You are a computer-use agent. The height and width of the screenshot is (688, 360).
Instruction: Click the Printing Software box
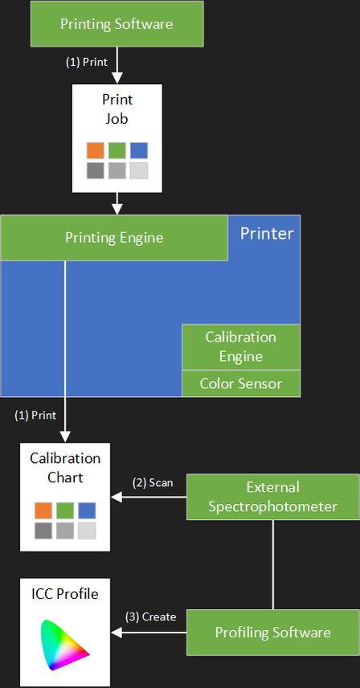[117, 23]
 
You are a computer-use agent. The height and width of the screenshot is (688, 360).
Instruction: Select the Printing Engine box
[114, 238]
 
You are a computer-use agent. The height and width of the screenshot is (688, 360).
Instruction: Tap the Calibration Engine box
[241, 346]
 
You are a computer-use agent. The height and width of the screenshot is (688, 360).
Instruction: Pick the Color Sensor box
[241, 383]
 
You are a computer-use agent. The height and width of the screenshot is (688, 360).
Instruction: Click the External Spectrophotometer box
[272, 497]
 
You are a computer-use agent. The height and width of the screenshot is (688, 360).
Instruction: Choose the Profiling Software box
[272, 633]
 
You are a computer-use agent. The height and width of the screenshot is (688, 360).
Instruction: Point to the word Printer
[267, 233]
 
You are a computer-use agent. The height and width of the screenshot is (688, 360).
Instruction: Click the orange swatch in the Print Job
[95, 150]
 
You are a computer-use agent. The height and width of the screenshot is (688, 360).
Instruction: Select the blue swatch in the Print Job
[139, 150]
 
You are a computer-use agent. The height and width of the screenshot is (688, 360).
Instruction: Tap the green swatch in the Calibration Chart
[65, 510]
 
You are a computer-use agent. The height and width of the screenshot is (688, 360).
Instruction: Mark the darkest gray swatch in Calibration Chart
[43, 531]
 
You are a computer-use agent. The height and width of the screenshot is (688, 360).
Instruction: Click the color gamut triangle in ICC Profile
[64, 645]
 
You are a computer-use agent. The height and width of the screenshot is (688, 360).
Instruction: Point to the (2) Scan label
[153, 483]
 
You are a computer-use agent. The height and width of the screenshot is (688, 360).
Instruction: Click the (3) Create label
[151, 617]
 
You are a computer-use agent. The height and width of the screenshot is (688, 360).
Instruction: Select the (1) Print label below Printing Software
[87, 63]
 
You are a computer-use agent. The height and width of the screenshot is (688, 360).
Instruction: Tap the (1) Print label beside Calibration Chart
[35, 415]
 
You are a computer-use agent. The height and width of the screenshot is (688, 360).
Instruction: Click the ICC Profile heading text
[65, 595]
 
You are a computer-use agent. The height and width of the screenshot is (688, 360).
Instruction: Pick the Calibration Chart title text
[65, 468]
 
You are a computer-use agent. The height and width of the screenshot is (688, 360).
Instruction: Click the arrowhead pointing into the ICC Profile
[117, 633]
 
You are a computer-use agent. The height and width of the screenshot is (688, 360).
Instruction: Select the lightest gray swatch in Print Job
[139, 170]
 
